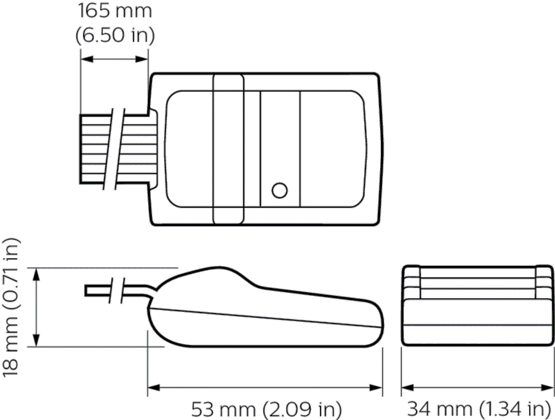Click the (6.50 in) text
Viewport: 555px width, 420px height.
(x=115, y=36)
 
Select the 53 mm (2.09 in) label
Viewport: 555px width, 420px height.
(x=266, y=409)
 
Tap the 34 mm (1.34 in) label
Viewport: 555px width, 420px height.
(x=478, y=409)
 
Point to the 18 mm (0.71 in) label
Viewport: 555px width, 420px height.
(x=12, y=307)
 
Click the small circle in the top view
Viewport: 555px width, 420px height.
(x=279, y=190)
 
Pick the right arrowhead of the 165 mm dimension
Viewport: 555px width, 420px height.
(x=144, y=59)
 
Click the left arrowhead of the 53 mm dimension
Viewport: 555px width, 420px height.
(x=152, y=387)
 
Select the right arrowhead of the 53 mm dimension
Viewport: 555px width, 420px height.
(x=378, y=387)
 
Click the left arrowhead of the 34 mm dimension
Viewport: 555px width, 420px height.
(x=406, y=387)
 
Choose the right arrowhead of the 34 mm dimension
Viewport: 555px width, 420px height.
(x=549, y=387)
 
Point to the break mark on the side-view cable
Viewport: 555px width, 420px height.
(x=116, y=291)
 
